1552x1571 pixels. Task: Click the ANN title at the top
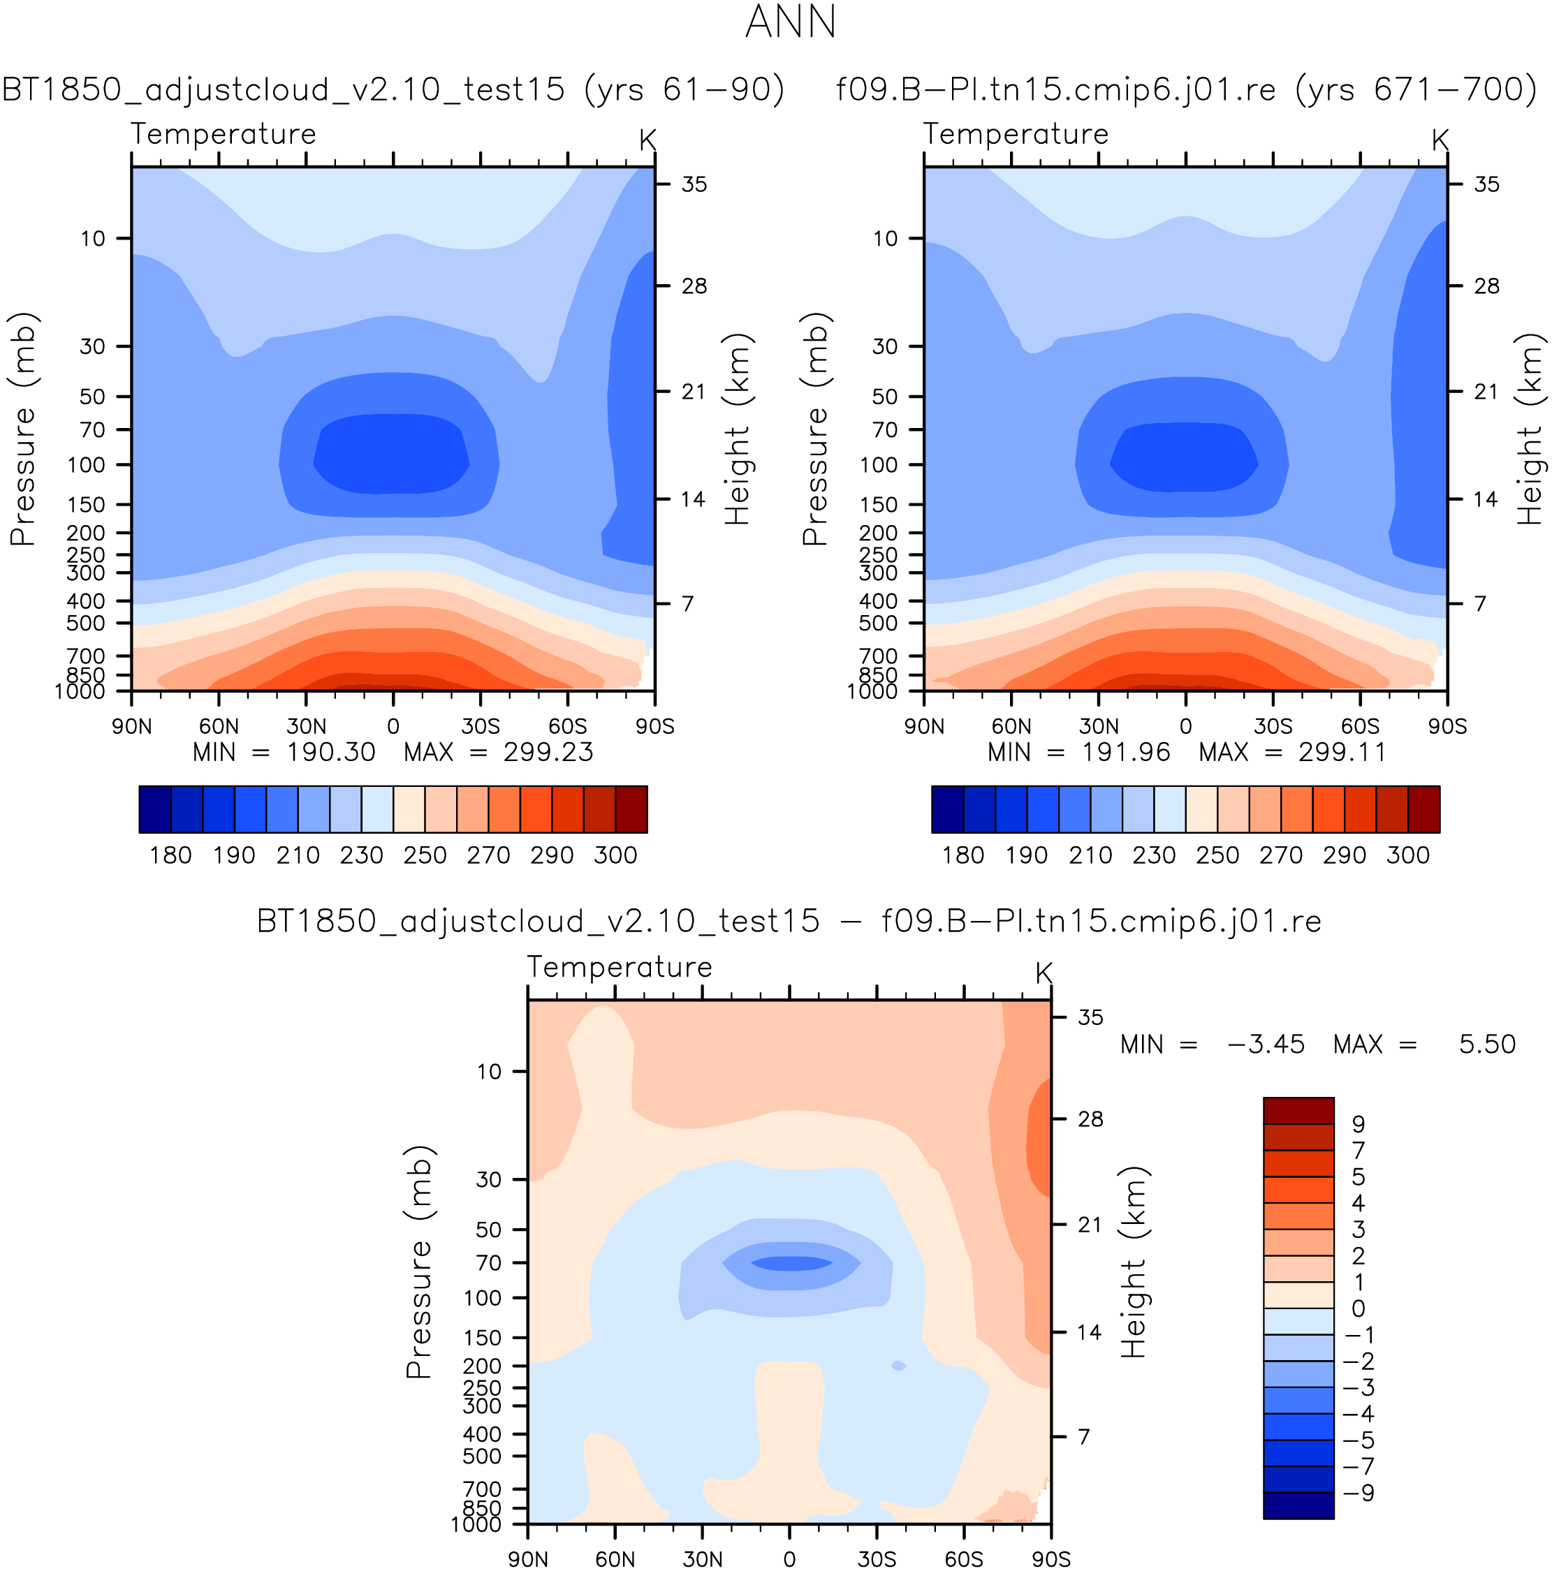click(x=790, y=22)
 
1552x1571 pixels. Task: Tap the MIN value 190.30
click(x=330, y=752)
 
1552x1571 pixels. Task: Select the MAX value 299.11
click(x=1342, y=752)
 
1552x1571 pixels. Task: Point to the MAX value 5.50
click(x=1487, y=1044)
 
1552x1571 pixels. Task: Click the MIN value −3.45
click(x=1266, y=1044)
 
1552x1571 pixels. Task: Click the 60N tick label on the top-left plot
click(x=219, y=726)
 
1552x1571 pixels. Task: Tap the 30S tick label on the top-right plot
click(x=1273, y=726)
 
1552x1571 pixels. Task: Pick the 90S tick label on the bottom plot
click(x=1051, y=1559)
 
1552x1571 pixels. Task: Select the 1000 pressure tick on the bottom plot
click(x=476, y=1524)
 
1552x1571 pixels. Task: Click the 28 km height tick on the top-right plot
click(x=1486, y=286)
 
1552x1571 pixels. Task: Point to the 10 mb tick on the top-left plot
click(x=93, y=238)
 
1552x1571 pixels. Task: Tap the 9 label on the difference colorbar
click(x=1358, y=1123)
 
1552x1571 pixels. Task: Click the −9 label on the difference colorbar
click(x=1359, y=1493)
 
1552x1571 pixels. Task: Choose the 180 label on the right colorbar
click(x=963, y=855)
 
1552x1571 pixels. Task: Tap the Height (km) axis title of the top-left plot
click(x=738, y=429)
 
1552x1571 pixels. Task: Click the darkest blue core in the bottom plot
click(x=791, y=1264)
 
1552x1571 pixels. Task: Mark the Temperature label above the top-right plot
click(x=1015, y=134)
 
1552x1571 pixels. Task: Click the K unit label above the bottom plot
click(x=1044, y=973)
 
